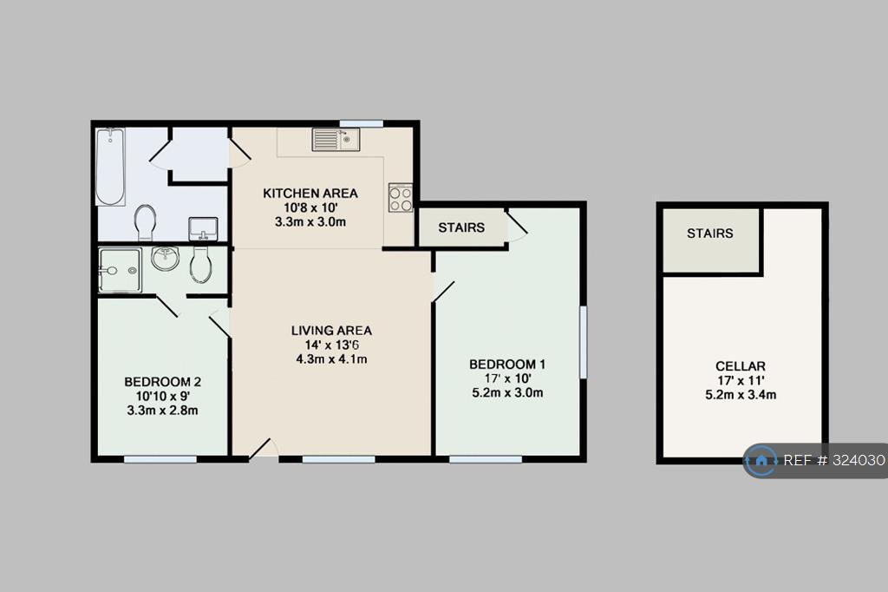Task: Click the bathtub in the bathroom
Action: point(110,167)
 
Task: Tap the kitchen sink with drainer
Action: point(336,140)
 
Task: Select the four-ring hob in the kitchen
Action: point(401,198)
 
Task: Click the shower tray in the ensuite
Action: point(120,271)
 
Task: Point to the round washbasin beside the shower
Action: point(165,259)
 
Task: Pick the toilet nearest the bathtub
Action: point(145,222)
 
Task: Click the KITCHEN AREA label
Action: point(310,194)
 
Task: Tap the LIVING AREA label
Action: point(331,331)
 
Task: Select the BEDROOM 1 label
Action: point(507,364)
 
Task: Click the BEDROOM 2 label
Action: point(162,382)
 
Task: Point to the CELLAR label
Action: point(741,366)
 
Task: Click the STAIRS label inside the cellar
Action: point(710,233)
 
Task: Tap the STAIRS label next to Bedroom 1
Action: point(461,227)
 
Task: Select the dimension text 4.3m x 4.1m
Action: point(331,359)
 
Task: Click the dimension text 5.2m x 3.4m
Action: point(741,395)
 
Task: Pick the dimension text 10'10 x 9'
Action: point(162,396)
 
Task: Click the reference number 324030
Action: point(859,460)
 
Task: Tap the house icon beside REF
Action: point(761,460)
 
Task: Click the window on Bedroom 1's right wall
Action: point(583,342)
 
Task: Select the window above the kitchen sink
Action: point(362,123)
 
